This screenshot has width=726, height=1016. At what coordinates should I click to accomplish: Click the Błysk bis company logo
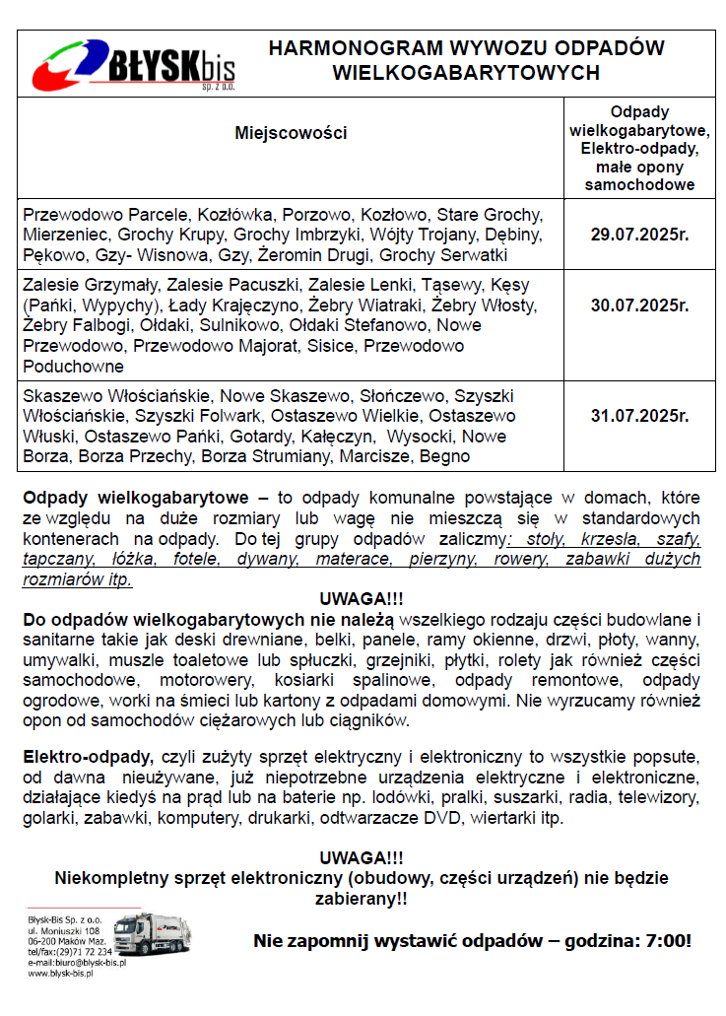tap(133, 64)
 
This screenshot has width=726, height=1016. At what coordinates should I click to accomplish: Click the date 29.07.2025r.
tap(639, 235)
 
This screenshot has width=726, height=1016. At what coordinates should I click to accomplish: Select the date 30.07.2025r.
tap(639, 305)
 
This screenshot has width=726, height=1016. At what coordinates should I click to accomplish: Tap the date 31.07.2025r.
tap(639, 416)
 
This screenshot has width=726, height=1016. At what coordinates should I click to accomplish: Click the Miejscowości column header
tap(291, 133)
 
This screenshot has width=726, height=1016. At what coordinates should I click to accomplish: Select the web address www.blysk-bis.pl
tap(60, 973)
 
